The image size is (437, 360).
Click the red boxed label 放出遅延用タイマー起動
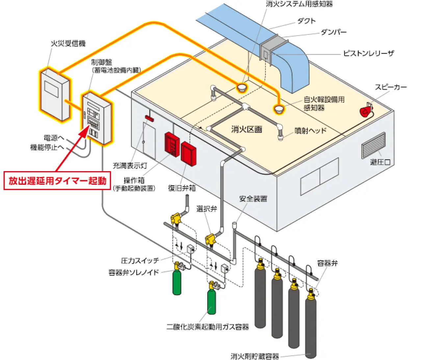[x=57, y=181]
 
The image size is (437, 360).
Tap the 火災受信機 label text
[x=68, y=43]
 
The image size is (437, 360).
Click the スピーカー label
[x=391, y=87]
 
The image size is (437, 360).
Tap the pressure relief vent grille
[x=373, y=145]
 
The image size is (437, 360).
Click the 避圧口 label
[x=380, y=162]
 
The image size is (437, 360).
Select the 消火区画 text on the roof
[x=246, y=129]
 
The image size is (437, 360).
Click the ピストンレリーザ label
[x=369, y=53]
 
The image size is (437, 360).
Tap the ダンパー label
[x=334, y=32]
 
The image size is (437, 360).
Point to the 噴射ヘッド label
[x=310, y=131]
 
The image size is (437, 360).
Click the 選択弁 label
[x=207, y=209]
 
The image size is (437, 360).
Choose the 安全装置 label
[x=253, y=199]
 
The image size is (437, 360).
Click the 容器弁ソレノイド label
[x=134, y=272]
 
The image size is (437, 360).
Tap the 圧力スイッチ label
[x=140, y=261]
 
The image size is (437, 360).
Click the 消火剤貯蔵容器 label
[x=255, y=356]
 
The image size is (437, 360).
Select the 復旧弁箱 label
[x=182, y=188]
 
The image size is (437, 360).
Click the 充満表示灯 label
[x=130, y=166]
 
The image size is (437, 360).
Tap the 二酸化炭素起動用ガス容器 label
[x=208, y=327]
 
